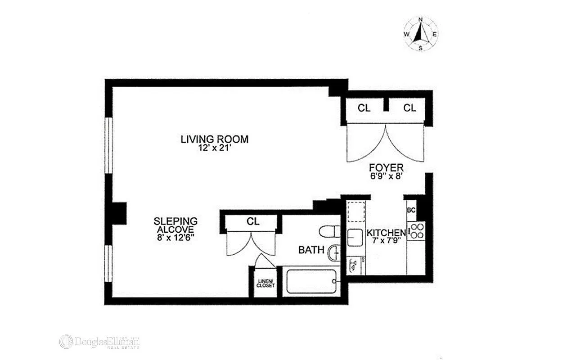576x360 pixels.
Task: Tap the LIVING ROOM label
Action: coord(214,139)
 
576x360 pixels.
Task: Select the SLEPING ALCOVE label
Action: coord(175,225)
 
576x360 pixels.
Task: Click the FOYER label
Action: coord(386,168)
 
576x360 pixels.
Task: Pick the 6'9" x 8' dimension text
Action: coord(386,177)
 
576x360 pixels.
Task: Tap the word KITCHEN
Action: coord(386,233)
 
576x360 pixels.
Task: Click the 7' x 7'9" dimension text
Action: coord(386,241)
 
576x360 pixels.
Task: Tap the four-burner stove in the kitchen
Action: coord(416,230)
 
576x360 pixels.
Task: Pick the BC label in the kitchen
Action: coord(411,210)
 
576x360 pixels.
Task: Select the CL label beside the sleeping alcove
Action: coord(253,221)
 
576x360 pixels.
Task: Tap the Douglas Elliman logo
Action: coord(99,342)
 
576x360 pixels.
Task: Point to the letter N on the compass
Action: coord(421,19)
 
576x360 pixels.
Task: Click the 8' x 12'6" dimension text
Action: coord(175,238)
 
